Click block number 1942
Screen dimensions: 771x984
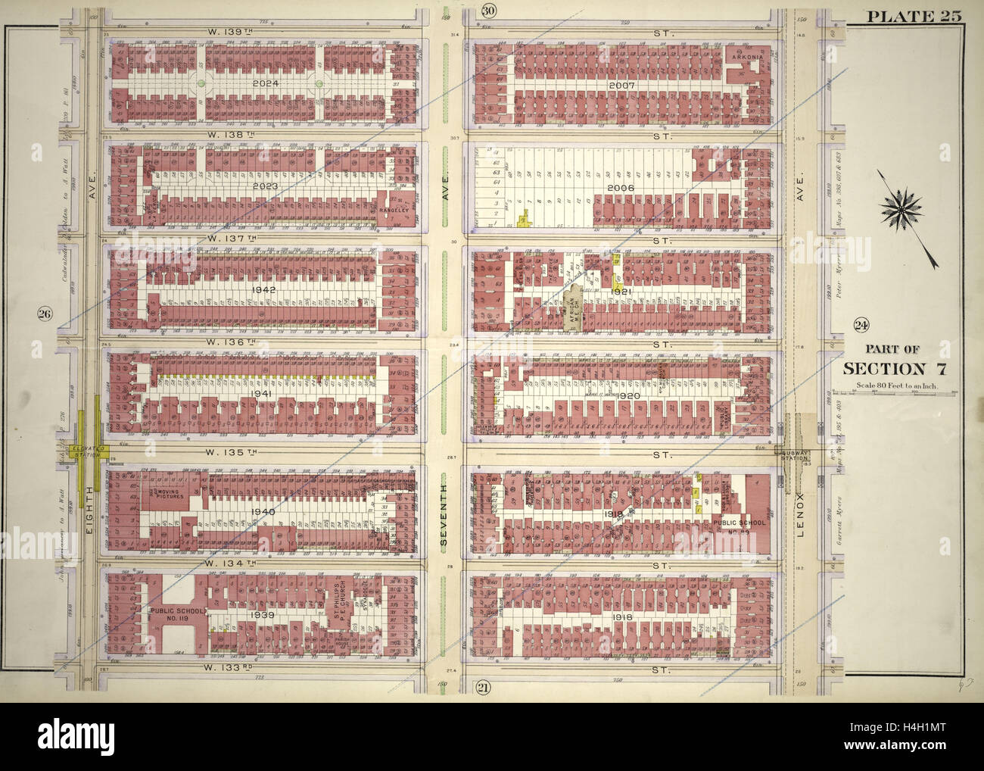pyautogui.click(x=264, y=289)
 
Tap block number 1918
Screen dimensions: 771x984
pyautogui.click(x=624, y=617)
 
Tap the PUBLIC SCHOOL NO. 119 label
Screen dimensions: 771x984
pyautogui.click(x=173, y=615)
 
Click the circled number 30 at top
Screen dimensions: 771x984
pyautogui.click(x=489, y=11)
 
